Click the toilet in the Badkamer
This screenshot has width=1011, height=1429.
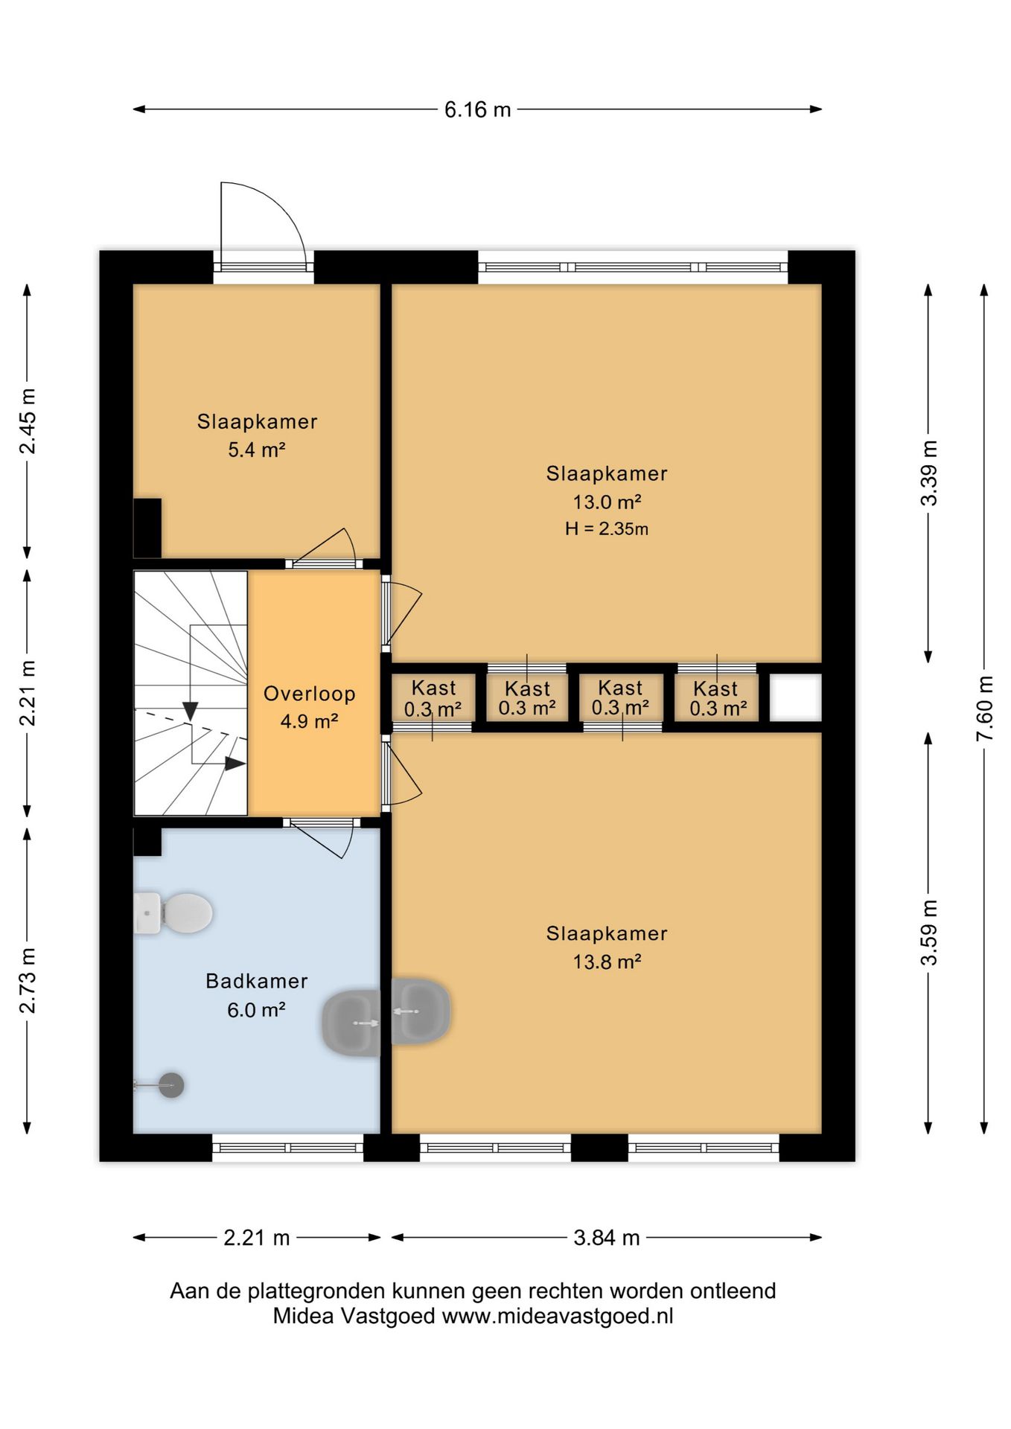point(173,912)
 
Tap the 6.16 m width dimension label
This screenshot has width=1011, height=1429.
point(477,110)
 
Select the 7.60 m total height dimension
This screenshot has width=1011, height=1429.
point(984,708)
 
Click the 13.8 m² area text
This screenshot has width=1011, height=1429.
point(607,962)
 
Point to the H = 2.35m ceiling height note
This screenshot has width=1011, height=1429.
point(607,529)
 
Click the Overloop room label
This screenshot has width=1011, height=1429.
point(310,694)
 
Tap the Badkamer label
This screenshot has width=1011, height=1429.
point(257,981)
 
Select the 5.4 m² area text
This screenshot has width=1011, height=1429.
point(257,450)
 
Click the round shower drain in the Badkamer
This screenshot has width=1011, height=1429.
point(171,1085)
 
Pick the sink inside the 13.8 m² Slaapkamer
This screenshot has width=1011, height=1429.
point(421,1011)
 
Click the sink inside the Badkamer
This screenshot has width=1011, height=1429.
point(351,1023)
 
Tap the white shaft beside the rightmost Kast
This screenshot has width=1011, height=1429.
point(795,697)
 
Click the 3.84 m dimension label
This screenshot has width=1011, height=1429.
point(607,1238)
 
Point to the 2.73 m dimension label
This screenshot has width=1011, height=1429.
point(28,980)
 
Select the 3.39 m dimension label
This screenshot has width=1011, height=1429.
point(929,473)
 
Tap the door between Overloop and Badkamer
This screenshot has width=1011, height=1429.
point(322,838)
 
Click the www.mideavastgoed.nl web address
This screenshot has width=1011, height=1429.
point(558,1316)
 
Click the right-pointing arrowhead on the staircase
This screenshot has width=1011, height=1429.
point(235,763)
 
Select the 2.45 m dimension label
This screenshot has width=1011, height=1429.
point(28,421)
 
